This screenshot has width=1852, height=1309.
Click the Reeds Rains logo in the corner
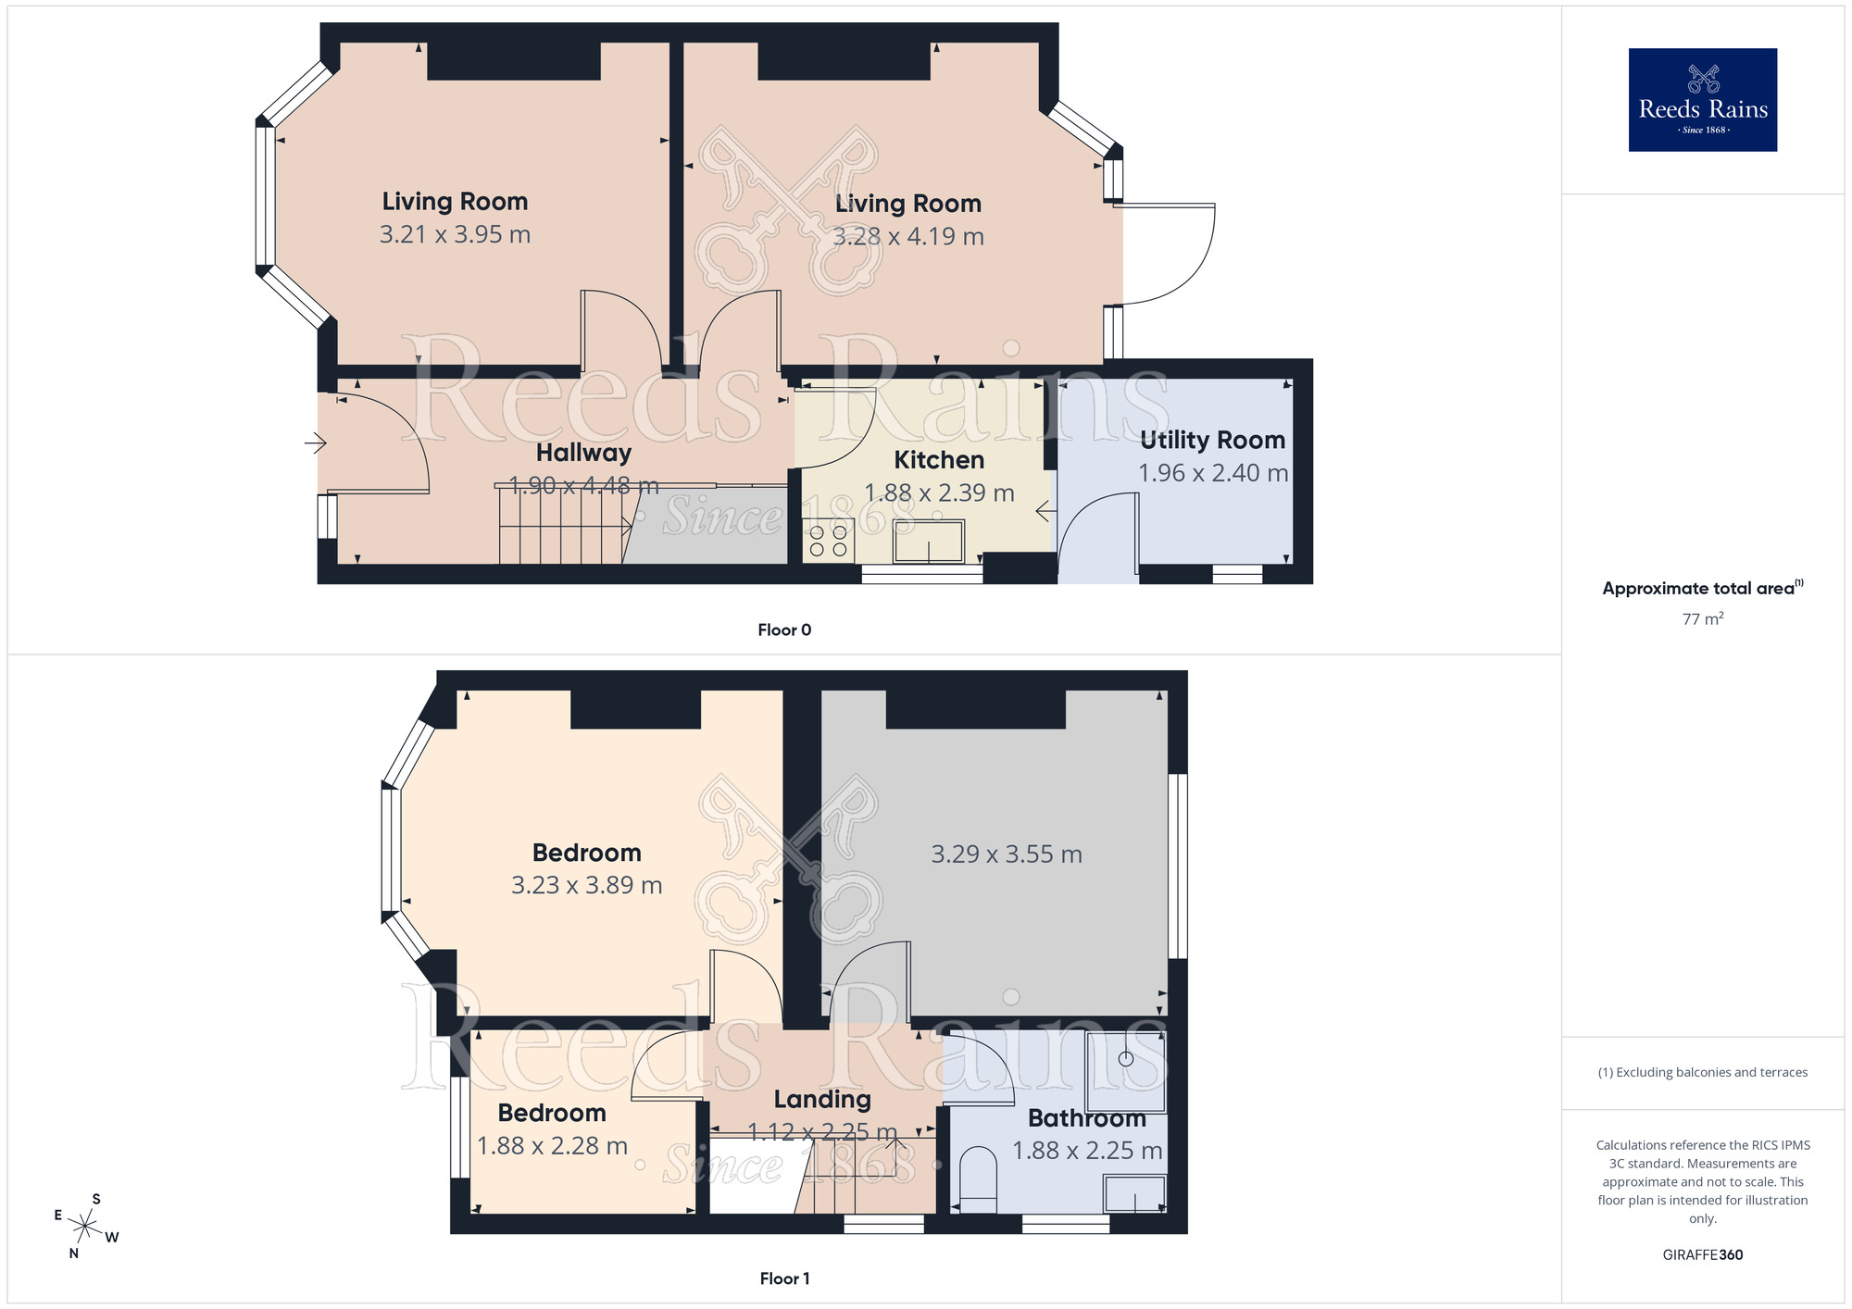[1702, 100]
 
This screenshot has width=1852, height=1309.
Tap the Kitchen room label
[938, 460]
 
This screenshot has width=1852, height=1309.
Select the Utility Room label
[1212, 440]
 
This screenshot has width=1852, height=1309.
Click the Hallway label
[583, 453]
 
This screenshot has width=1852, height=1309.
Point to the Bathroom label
[1086, 1118]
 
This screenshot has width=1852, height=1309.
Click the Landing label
[822, 1099]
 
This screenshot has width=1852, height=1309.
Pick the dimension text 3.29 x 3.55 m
[1006, 854]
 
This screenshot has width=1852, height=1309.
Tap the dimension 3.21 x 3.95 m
[455, 234]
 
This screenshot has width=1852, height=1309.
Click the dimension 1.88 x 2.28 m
[552, 1146]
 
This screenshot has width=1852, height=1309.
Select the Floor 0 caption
[784, 630]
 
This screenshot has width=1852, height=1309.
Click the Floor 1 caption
[784, 1278]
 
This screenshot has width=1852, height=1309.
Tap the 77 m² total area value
[1702, 618]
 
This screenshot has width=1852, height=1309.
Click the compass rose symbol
[85, 1227]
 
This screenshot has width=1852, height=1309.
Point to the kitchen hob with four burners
[828, 541]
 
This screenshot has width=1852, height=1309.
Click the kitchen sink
[928, 541]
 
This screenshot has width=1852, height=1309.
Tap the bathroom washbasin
[1134, 1193]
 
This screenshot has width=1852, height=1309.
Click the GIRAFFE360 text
[1702, 1255]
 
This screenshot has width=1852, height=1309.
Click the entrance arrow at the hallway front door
[316, 443]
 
